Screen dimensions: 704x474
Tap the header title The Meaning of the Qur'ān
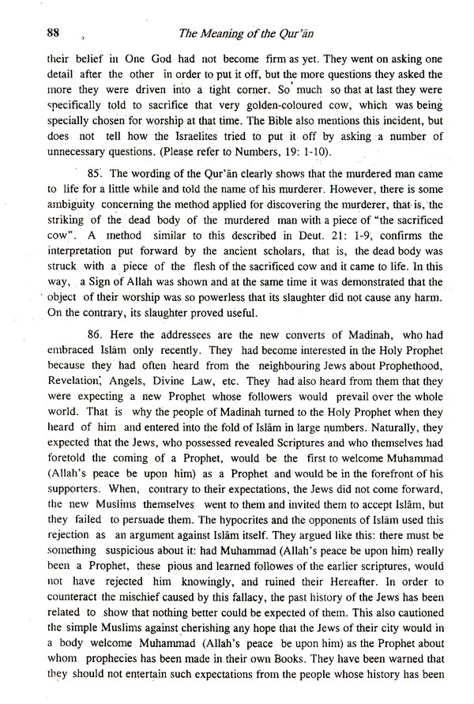[279, 32]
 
